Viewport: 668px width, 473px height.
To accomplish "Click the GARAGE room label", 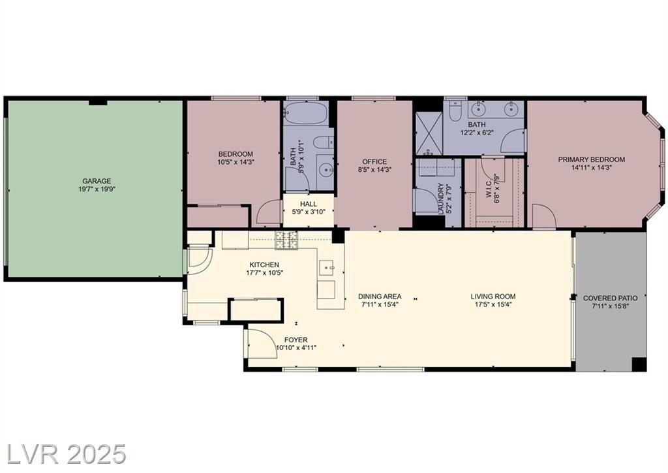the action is tap(97, 181).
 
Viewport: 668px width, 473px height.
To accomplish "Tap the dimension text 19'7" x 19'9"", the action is tap(97, 189).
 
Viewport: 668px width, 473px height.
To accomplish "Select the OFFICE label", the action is tap(374, 161).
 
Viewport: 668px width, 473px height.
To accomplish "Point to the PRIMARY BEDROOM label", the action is tap(592, 159).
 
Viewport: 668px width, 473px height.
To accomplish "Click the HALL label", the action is tap(309, 204).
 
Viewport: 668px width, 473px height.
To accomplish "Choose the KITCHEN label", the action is tap(264, 265).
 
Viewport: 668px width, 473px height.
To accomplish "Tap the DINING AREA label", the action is tap(380, 297).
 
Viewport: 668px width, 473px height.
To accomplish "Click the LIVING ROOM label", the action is tap(493, 297).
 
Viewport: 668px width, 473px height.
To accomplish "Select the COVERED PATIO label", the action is tap(611, 298).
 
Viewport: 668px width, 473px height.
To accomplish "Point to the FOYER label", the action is tap(296, 340).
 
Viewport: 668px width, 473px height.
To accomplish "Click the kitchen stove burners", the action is tap(286, 240).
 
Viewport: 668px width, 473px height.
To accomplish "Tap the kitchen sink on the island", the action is tap(328, 267).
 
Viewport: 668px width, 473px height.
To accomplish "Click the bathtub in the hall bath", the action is tap(306, 112).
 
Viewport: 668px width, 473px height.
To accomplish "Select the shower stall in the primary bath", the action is tap(429, 133).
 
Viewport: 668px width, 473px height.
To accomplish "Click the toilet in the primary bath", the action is tap(454, 108).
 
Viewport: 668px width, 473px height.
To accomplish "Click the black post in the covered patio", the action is tap(639, 365).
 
